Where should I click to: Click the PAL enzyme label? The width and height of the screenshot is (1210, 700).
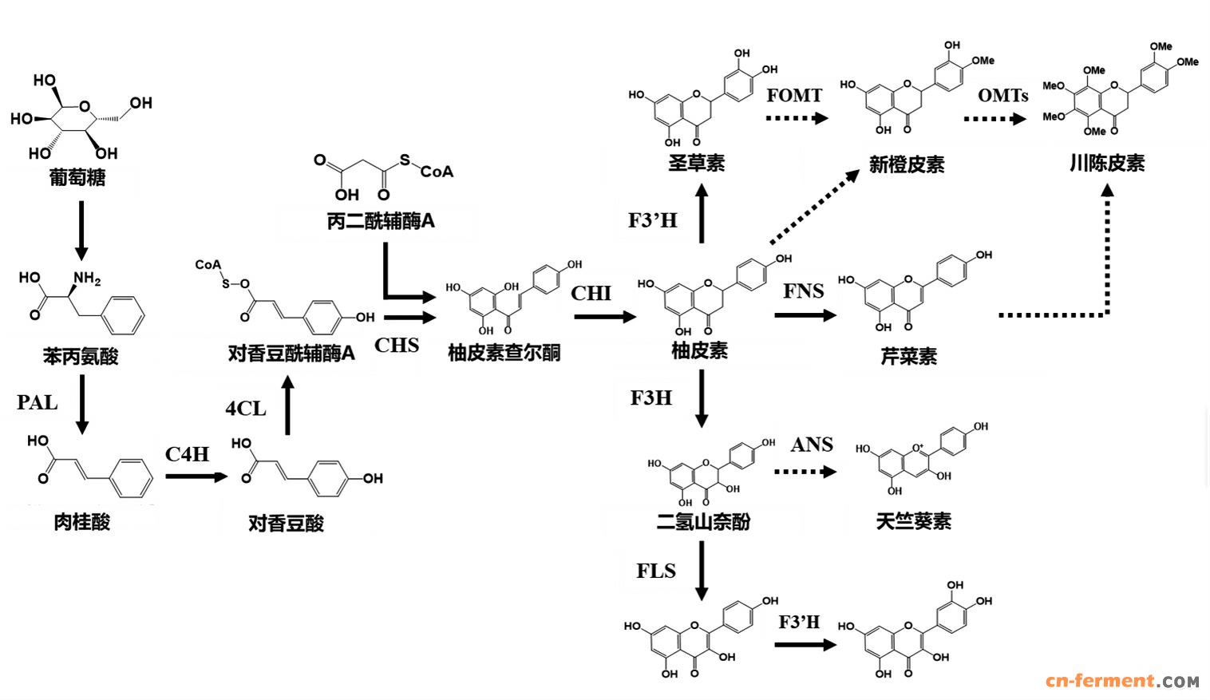pyautogui.click(x=38, y=402)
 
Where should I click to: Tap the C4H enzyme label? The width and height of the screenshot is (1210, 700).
pyautogui.click(x=187, y=454)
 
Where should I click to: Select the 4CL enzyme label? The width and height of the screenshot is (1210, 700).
pyautogui.click(x=245, y=409)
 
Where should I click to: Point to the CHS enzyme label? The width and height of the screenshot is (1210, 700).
pyautogui.click(x=397, y=345)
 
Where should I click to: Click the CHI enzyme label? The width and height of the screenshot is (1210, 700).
pyautogui.click(x=591, y=293)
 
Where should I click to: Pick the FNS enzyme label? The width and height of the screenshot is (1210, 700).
pyautogui.click(x=803, y=291)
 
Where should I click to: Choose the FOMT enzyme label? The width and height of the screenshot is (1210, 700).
pyautogui.click(x=794, y=95)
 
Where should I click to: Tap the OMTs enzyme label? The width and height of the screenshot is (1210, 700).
pyautogui.click(x=1002, y=96)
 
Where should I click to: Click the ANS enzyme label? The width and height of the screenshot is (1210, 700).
pyautogui.click(x=812, y=445)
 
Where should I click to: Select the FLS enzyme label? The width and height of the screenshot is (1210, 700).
pyautogui.click(x=655, y=571)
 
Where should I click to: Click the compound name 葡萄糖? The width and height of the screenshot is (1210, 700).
pyautogui.click(x=77, y=177)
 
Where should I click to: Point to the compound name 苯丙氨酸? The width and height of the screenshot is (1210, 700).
pyautogui.click(x=81, y=356)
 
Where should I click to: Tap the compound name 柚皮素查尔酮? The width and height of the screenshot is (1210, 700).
pyautogui.click(x=504, y=352)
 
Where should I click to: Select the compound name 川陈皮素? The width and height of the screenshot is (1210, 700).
pyautogui.click(x=1106, y=163)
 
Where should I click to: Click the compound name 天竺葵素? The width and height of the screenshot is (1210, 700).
pyautogui.click(x=913, y=521)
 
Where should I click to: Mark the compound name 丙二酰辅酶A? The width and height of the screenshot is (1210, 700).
pyautogui.click(x=381, y=221)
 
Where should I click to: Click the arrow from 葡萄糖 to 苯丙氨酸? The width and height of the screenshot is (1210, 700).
pyautogui.click(x=81, y=230)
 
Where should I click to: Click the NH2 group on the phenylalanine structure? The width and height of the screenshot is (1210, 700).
pyautogui.click(x=87, y=279)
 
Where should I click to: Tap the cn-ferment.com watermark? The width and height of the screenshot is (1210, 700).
pyautogui.click(x=1121, y=681)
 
